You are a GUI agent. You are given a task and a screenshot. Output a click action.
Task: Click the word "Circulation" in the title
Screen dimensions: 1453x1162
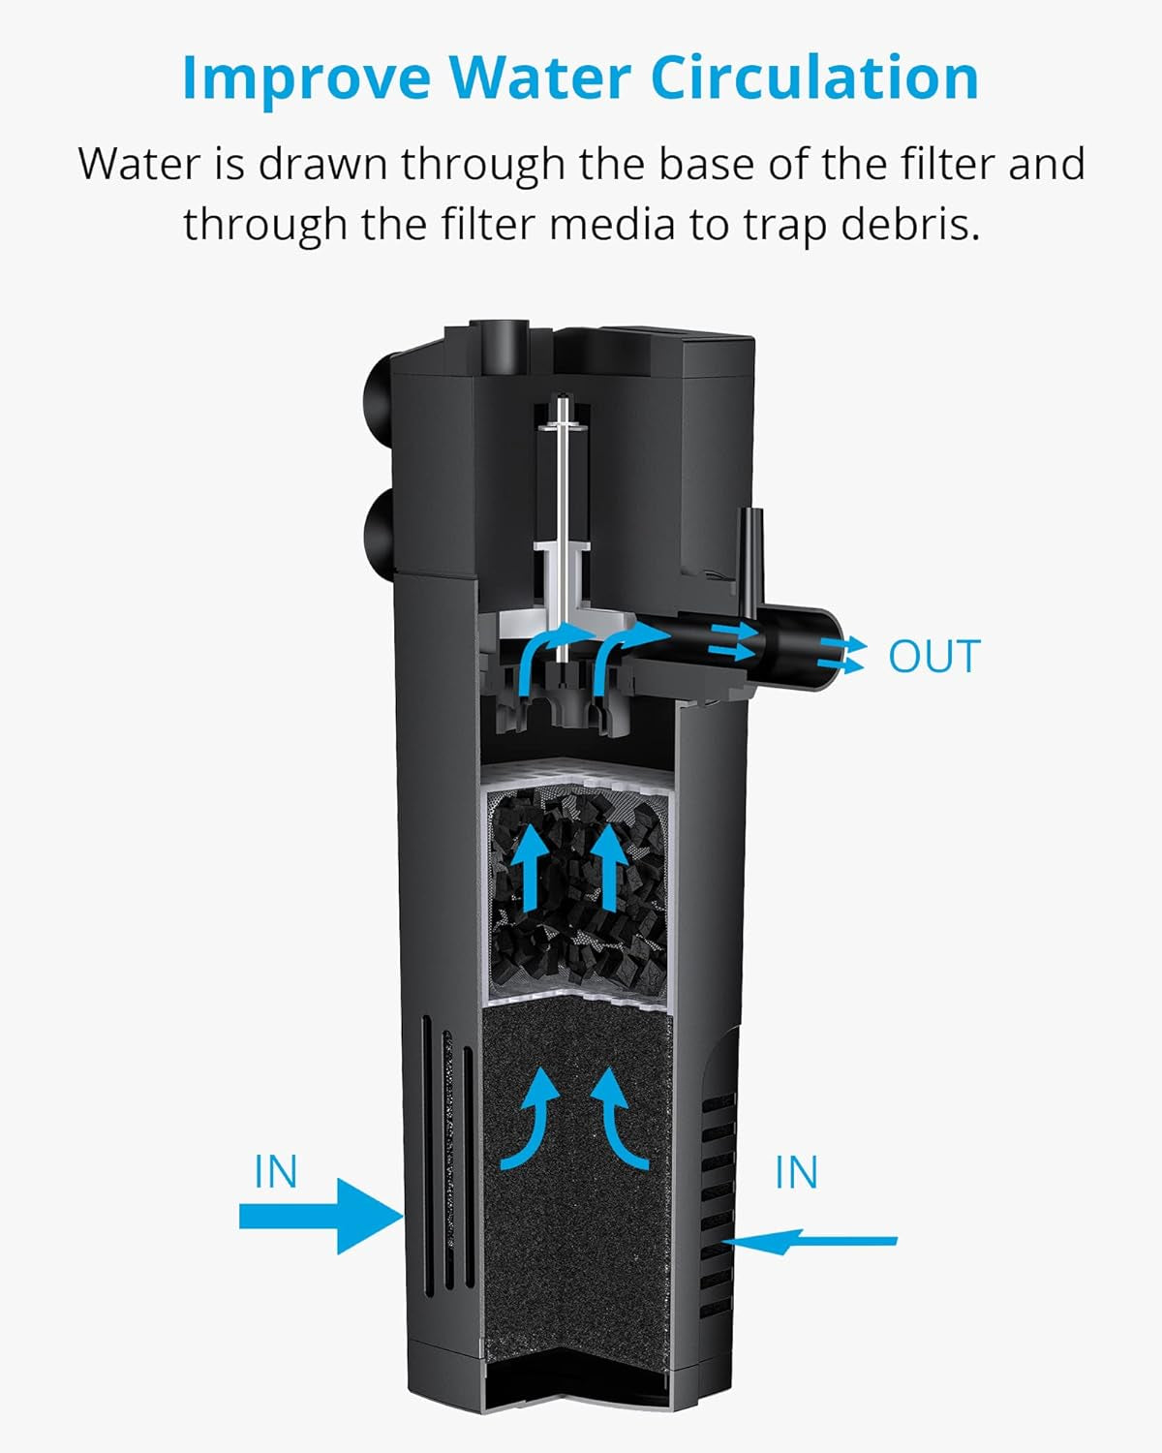(813, 77)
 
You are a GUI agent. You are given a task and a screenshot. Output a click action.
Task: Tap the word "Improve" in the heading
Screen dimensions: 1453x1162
(306, 77)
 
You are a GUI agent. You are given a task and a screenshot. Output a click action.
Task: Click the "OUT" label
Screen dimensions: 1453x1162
(933, 657)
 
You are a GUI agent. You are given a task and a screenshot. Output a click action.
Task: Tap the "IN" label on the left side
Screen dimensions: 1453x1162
(276, 1172)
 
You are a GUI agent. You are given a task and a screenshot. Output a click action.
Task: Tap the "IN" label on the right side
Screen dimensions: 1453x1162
(796, 1172)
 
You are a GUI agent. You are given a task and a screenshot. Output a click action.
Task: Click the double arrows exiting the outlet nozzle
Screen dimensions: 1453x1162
(839, 656)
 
